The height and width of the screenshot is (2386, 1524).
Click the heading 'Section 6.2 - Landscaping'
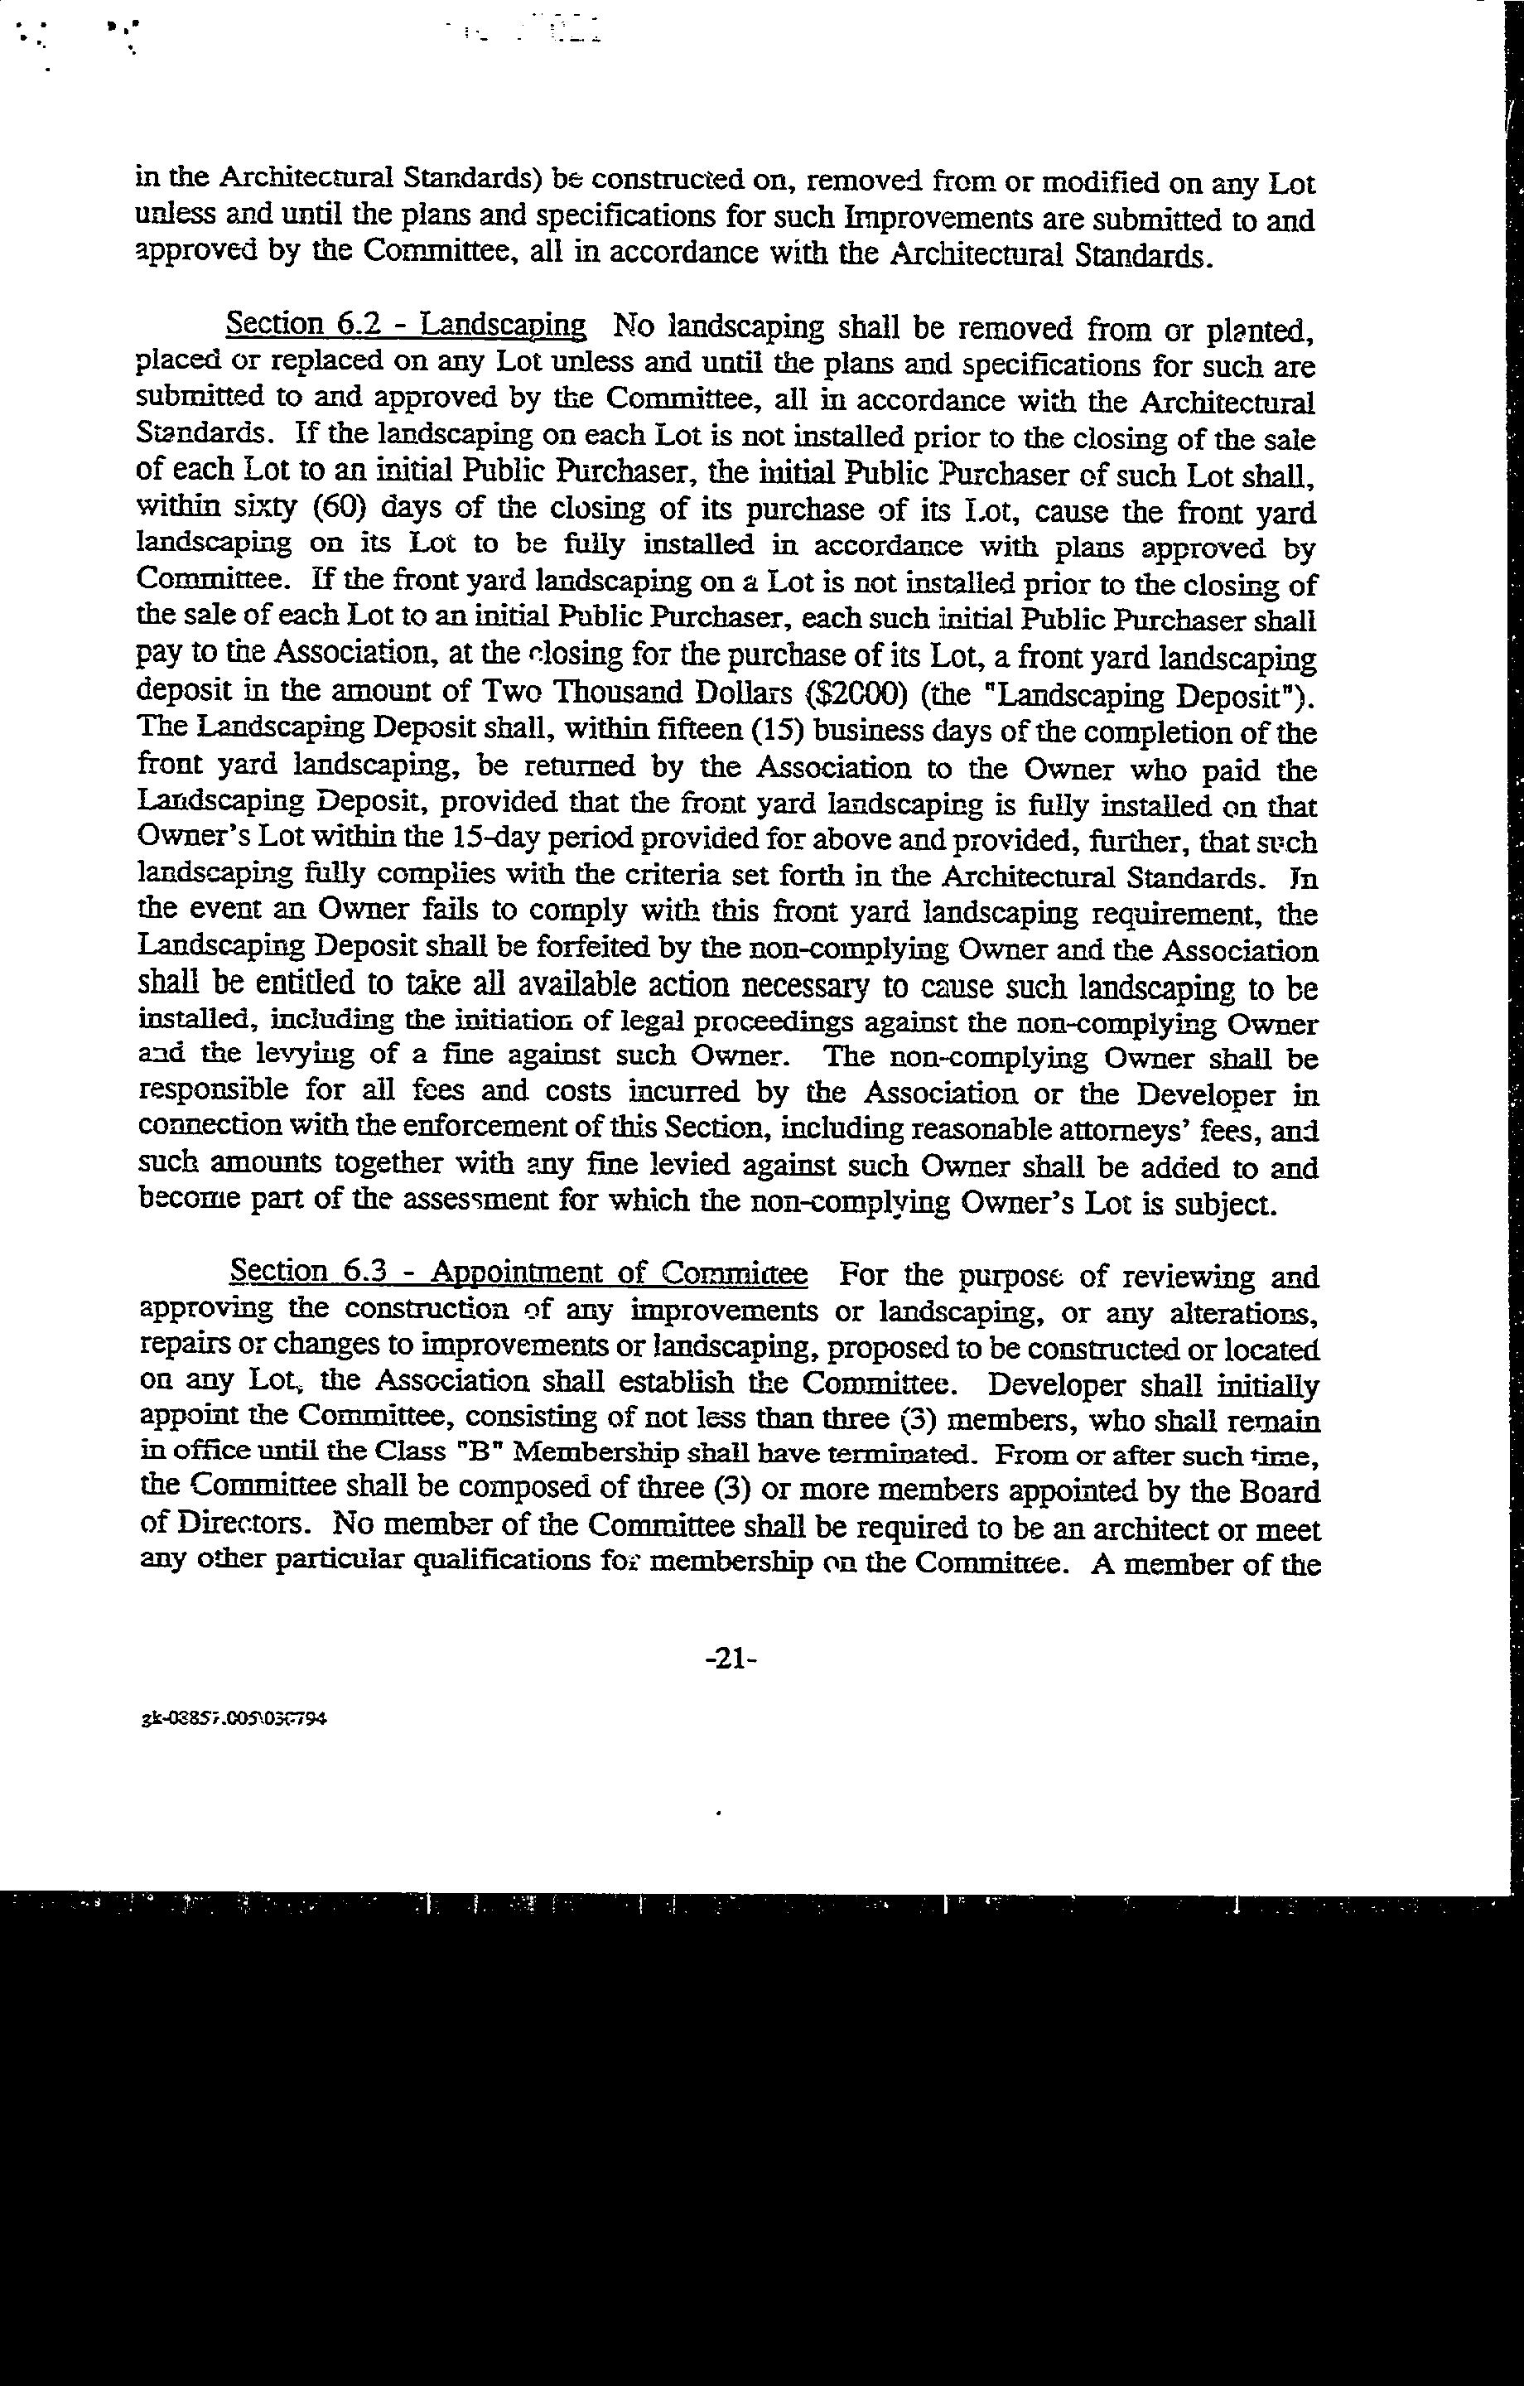tap(407, 324)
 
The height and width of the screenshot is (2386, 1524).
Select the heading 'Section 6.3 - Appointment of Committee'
tap(518, 1271)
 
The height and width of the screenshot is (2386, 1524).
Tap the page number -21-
tap(731, 1659)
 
